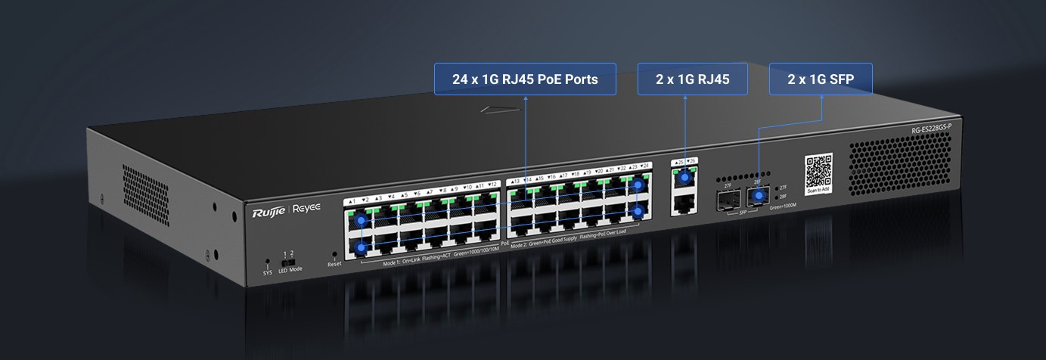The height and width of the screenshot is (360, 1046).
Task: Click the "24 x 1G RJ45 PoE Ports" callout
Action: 525,79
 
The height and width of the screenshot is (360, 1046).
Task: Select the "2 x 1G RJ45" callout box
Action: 692,79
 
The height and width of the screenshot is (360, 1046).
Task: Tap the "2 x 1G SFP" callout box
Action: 821,79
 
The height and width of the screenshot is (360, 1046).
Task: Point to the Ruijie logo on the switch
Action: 268,214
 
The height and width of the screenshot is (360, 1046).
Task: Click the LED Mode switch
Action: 288,262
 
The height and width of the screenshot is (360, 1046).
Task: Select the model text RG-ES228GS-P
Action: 930,133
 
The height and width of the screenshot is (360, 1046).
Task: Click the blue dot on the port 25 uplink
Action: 686,178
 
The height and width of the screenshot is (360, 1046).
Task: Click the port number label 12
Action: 492,185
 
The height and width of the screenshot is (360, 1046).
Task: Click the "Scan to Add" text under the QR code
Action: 818,191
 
